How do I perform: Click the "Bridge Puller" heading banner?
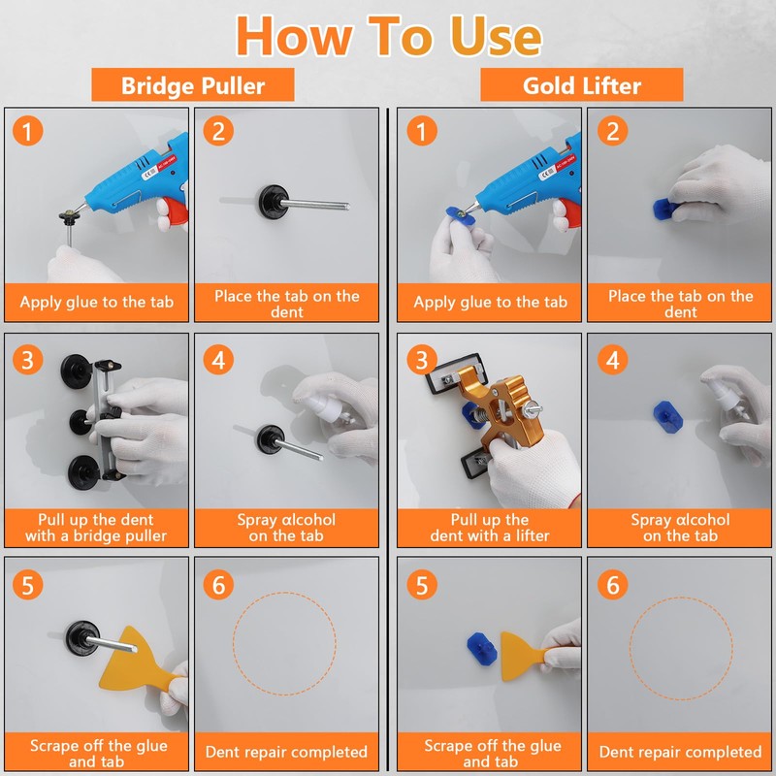point(192,85)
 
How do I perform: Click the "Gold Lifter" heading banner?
point(581,85)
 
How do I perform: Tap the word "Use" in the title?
point(497,36)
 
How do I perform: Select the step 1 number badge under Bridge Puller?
point(28,131)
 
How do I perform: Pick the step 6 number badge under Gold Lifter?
point(613,585)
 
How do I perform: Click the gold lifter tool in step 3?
point(500,410)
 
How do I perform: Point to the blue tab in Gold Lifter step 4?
point(667,416)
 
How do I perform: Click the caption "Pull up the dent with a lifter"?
point(490,528)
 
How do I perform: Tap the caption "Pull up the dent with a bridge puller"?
point(96,528)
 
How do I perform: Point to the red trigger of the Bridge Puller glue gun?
point(175,210)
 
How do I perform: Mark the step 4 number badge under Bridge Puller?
point(218,359)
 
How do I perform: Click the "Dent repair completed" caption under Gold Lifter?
point(680,752)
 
